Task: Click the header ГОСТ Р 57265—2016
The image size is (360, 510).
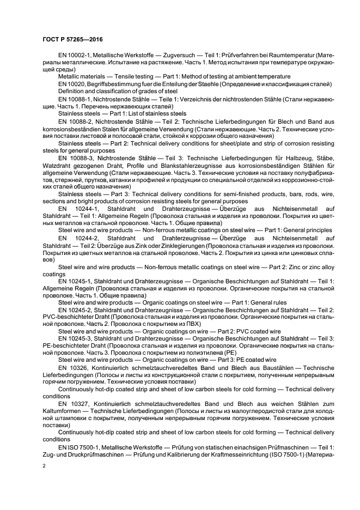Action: click(72, 39)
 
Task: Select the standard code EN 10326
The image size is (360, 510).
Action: click(74, 368)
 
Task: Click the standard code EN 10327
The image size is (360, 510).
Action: click(74, 404)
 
